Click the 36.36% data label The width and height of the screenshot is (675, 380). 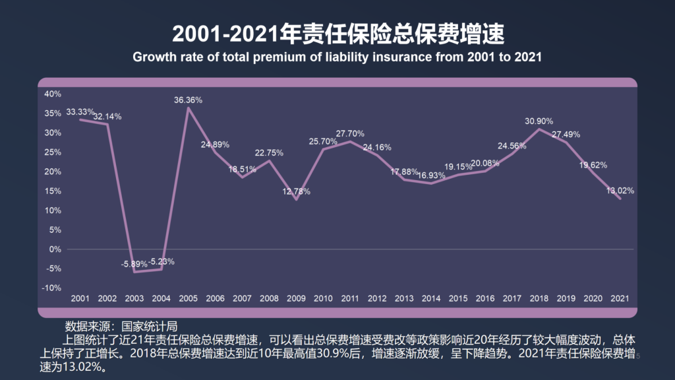click(188, 100)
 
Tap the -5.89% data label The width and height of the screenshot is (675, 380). click(134, 264)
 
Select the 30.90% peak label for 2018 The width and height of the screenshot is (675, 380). click(539, 121)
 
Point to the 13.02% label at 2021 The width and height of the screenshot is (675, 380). click(620, 191)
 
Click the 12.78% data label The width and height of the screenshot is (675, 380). click(296, 192)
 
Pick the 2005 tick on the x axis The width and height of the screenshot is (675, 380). click(188, 299)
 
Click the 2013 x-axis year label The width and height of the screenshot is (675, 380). click(404, 299)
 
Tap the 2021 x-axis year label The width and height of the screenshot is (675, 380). click(620, 299)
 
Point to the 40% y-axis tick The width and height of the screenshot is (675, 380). click(52, 94)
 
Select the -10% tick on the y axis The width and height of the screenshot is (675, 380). click(52, 288)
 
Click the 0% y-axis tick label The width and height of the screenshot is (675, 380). click(55, 249)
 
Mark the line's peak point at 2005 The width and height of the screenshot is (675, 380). click(188, 108)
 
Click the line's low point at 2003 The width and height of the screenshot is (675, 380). click(134, 272)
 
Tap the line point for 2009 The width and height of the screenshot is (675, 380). click(296, 199)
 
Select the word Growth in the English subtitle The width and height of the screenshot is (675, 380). click(152, 57)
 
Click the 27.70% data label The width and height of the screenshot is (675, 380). click(350, 134)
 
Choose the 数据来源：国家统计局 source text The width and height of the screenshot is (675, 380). click(121, 327)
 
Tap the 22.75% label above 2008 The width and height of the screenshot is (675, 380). click(269, 153)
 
